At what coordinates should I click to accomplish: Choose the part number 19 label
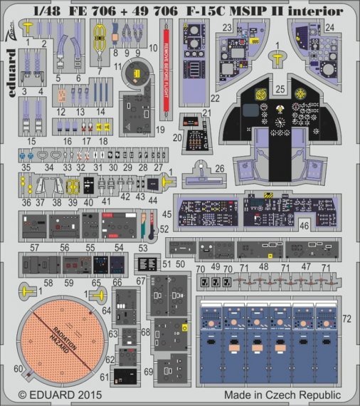point(161,130)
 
